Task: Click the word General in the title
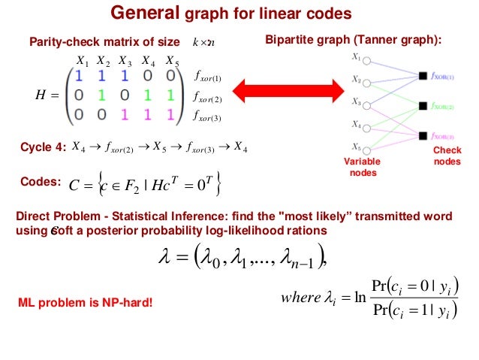click(143, 13)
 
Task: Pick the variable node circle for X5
click(366, 147)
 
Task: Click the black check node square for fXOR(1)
click(423, 76)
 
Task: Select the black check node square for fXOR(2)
click(423, 106)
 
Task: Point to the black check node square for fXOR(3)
click(423, 136)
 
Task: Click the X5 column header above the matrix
click(172, 60)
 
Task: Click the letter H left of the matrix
click(41, 95)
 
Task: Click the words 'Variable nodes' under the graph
click(362, 167)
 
